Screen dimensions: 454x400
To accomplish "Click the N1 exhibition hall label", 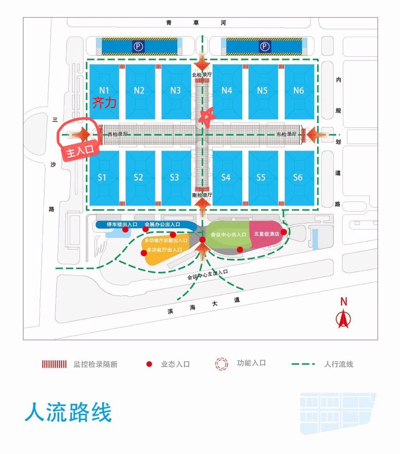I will (x=104, y=90).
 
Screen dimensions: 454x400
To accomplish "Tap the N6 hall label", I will (x=298, y=90).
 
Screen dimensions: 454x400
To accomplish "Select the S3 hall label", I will (x=175, y=177).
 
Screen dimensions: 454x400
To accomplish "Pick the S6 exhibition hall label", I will (x=298, y=177).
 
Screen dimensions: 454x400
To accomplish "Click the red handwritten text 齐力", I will (x=104, y=103).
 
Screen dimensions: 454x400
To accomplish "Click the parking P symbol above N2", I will (x=138, y=47).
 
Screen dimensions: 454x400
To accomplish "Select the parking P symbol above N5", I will (x=264, y=47).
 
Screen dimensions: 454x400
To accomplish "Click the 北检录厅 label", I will (x=202, y=75).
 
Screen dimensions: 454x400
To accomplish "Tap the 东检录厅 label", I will (x=287, y=134).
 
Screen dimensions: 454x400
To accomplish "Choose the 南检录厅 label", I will (x=202, y=195).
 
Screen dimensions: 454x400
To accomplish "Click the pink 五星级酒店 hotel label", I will (x=267, y=234).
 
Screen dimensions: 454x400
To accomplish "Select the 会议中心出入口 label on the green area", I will (x=228, y=234).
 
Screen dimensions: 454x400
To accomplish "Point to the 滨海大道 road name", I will (x=204, y=305).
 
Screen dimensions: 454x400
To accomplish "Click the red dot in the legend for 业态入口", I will (x=149, y=364).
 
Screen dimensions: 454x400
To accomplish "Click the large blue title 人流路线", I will (x=68, y=413).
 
